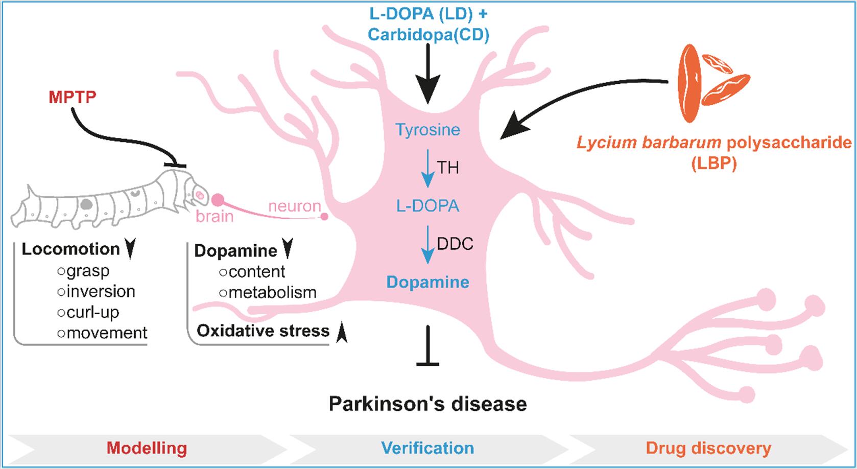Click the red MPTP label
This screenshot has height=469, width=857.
[x=73, y=97]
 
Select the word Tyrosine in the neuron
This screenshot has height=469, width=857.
[x=428, y=130]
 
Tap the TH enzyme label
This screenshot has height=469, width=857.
[x=448, y=167]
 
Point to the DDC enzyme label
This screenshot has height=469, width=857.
[x=455, y=244]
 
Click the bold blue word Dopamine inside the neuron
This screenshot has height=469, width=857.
[x=428, y=282]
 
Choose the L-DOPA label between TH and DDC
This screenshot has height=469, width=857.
[x=428, y=206]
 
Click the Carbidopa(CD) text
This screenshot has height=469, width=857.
[x=428, y=35]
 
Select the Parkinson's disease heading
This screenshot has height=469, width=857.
[x=428, y=404]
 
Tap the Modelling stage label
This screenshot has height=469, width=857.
[x=147, y=448]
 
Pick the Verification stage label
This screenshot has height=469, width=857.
[x=428, y=448]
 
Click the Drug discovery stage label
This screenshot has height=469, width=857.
[x=708, y=448]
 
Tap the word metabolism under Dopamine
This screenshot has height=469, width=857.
[x=272, y=293]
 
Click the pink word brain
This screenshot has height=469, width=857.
[x=215, y=217]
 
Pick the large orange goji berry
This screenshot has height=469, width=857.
[x=688, y=84]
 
